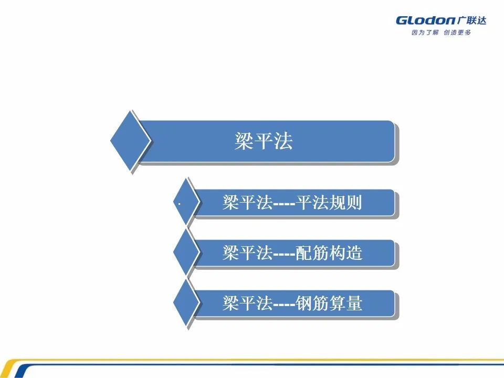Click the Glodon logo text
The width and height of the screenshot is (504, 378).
tap(425, 21)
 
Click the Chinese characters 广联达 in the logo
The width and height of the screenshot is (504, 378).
tap(471, 20)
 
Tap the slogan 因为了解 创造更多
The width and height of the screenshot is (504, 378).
tap(441, 33)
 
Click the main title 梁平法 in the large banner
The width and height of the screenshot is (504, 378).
tap(264, 141)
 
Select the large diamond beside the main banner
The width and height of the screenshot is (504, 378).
tap(131, 141)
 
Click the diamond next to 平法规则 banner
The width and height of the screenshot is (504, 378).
tap(186, 203)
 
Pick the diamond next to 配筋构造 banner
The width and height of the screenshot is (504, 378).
tap(186, 253)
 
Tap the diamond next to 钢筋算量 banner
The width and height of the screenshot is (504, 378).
tap(186, 303)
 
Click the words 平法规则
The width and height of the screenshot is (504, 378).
tap(329, 203)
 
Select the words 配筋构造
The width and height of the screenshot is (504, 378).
tap(329, 253)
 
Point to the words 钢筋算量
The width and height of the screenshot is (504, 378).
tap(329, 303)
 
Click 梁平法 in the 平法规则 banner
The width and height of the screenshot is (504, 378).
tap(247, 203)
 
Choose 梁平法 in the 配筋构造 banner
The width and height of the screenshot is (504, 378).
tap(247, 253)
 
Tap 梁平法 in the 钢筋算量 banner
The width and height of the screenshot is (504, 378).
tap(247, 303)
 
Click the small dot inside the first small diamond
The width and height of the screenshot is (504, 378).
tap(179, 203)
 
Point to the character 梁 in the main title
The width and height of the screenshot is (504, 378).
tap(244, 141)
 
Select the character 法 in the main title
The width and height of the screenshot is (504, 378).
tap(283, 141)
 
